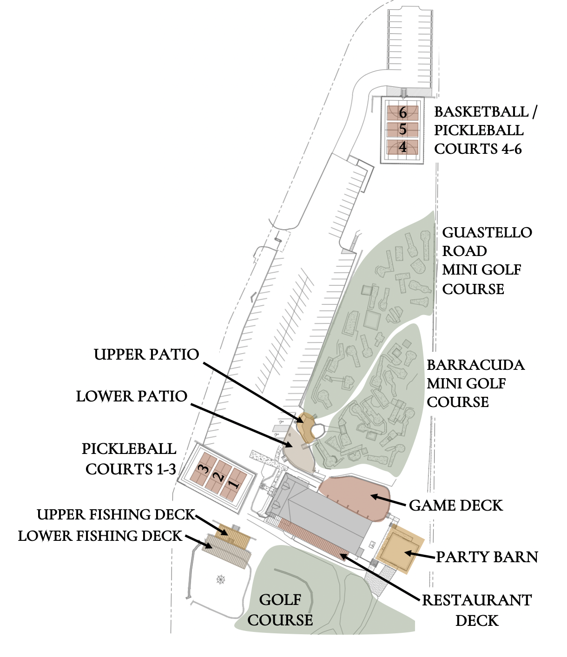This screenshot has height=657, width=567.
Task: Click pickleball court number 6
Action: pyautogui.click(x=402, y=112)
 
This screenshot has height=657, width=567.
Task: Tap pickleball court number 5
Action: pyautogui.click(x=402, y=129)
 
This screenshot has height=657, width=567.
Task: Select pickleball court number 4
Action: pyautogui.click(x=402, y=147)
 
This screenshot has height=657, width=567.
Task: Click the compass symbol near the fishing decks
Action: pyautogui.click(x=220, y=579)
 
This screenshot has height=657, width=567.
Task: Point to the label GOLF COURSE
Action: pyautogui.click(x=280, y=610)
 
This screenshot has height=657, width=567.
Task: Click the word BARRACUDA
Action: pyautogui.click(x=475, y=365)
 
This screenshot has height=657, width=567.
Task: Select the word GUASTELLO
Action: pyautogui.click(x=487, y=232)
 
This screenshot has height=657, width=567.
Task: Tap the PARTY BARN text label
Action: pyautogui.click(x=487, y=557)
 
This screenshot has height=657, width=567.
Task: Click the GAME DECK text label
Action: pyautogui.click(x=456, y=506)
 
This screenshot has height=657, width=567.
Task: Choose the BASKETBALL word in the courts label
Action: pyautogui.click(x=481, y=112)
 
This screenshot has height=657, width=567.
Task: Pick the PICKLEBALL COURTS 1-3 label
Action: pyautogui.click(x=130, y=459)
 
